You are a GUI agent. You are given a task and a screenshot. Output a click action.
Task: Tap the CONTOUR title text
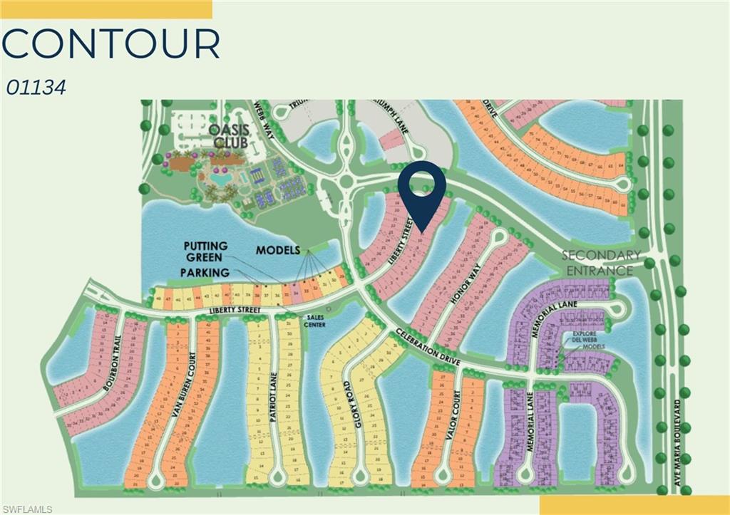[110, 44]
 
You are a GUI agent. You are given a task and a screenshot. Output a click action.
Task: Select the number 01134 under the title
[36, 88]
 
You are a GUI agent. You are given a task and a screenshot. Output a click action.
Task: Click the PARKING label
[205, 272]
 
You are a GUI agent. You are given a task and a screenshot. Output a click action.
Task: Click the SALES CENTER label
[314, 322]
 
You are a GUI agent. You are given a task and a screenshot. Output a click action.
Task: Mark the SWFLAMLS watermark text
[27, 509]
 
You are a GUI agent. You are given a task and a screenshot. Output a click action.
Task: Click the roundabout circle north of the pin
[349, 182]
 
